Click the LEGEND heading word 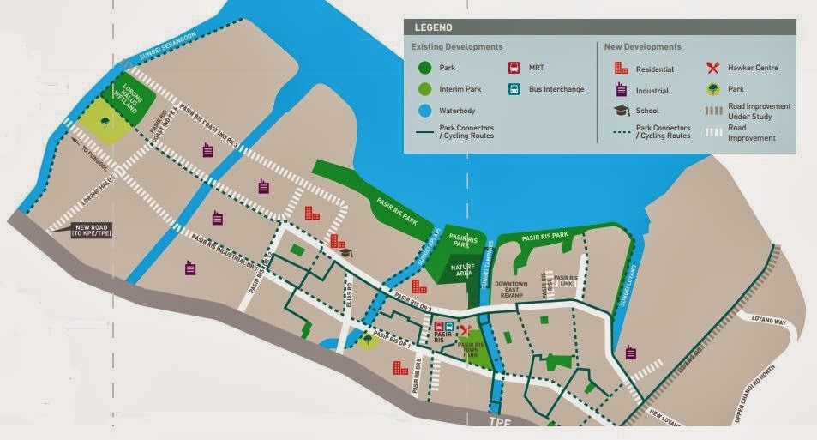pyautogui.click(x=432, y=28)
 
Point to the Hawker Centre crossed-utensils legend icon pyautogui.click(x=712, y=69)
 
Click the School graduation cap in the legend pyautogui.click(x=621, y=111)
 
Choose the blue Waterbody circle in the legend pyautogui.click(x=422, y=110)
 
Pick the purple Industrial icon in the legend pyautogui.click(x=621, y=90)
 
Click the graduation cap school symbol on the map pyautogui.click(x=345, y=251)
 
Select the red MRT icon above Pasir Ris pyautogui.click(x=439, y=327)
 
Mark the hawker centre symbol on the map pyautogui.click(x=466, y=329)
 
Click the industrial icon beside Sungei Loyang pyautogui.click(x=632, y=352)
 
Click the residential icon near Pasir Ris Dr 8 pyautogui.click(x=399, y=368)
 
